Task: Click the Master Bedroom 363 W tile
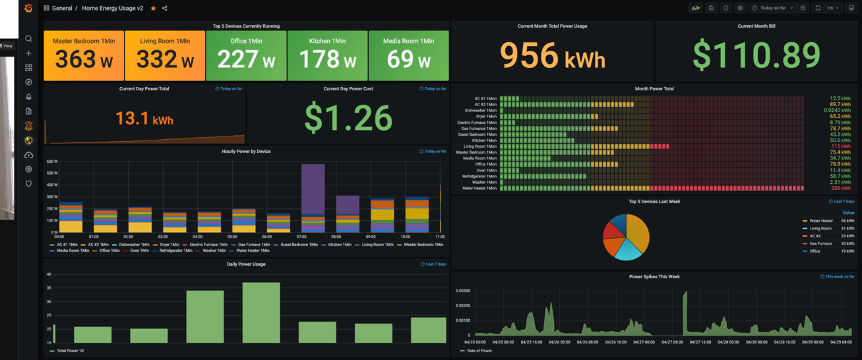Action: point(83,55)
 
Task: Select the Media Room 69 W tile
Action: point(408,55)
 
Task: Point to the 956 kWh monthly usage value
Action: point(552,55)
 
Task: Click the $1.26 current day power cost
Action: point(348,117)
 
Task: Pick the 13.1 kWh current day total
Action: point(144,119)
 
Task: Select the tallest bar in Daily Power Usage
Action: point(261,313)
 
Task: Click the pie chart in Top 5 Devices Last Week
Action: point(626,237)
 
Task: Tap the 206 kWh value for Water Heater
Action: point(840,189)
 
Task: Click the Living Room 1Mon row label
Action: point(479,146)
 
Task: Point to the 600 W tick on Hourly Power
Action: point(51,162)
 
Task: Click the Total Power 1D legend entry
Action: point(70,351)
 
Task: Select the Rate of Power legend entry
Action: point(479,351)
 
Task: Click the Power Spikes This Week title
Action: point(654,277)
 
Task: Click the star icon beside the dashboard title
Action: point(154,9)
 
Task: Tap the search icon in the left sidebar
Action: point(28,39)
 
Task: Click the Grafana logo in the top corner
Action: point(28,9)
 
